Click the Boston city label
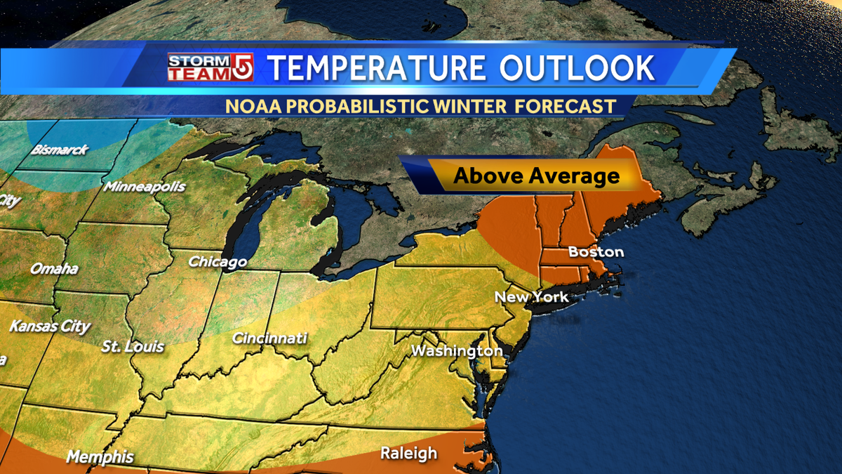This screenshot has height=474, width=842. [x=596, y=251]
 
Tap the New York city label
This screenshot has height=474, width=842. [x=531, y=297]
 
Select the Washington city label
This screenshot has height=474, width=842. [x=457, y=350]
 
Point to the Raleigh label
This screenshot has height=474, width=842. [x=408, y=454]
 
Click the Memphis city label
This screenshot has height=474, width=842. [x=100, y=457]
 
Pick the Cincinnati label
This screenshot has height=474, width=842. [x=269, y=338]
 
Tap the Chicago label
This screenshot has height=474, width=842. [x=218, y=262]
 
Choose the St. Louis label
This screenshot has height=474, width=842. [x=133, y=346]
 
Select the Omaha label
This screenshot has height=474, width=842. [x=54, y=269]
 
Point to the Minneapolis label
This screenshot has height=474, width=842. [x=145, y=187]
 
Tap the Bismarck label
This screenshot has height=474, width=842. [x=59, y=150]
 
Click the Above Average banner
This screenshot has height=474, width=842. [x=536, y=175]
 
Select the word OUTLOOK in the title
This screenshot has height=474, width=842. [x=577, y=68]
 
